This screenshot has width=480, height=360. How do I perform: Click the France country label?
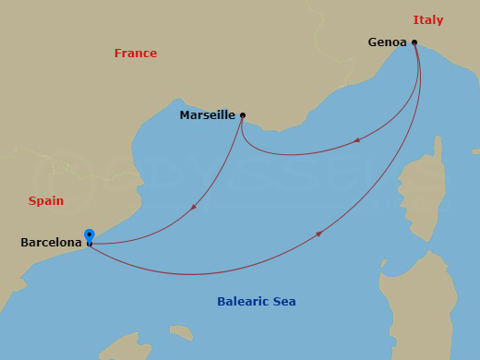tap(136, 54)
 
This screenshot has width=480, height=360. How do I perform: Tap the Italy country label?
tap(427, 20)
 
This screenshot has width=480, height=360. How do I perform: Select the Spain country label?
tap(46, 200)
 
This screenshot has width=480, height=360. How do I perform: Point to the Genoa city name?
tap(387, 42)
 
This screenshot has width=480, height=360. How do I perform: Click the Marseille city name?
tap(208, 115)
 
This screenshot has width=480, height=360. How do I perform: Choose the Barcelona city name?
tap(51, 243)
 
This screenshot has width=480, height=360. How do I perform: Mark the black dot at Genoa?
tap(414, 42)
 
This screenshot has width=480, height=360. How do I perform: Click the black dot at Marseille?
tap(243, 115)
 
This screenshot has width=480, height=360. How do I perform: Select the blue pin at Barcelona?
tap(89, 236)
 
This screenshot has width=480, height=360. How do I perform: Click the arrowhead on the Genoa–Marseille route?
tap(357, 140)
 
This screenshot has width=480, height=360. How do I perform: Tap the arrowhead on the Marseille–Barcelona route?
tap(193, 208)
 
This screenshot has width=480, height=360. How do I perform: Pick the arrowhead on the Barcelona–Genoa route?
tap(319, 234)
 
